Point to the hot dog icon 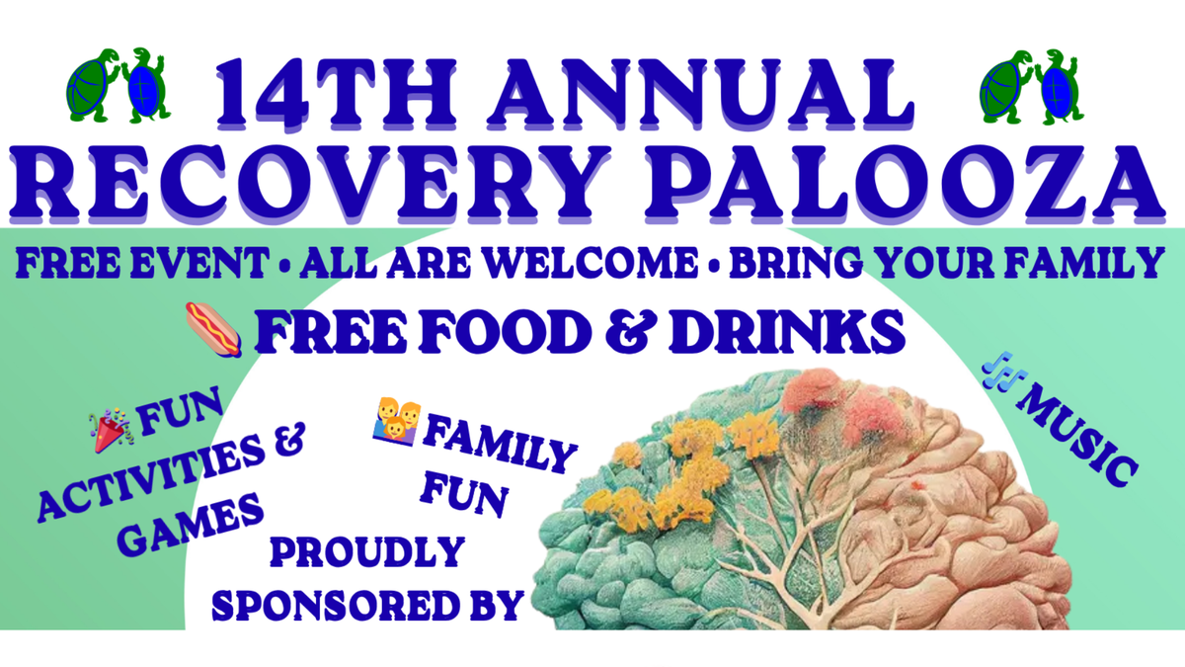click(214, 329)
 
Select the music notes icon click(1003, 376)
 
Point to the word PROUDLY click(365, 551)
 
